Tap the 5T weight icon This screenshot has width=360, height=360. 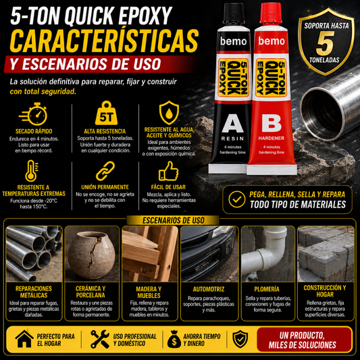(x=106, y=113)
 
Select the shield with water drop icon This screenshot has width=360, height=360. (x=169, y=113)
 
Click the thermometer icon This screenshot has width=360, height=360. (x=32, y=171)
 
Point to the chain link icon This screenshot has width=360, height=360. (x=105, y=171)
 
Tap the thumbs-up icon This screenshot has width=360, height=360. (x=168, y=172)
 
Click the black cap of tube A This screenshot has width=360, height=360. (x=234, y=14)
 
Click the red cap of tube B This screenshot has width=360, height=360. (x=271, y=13)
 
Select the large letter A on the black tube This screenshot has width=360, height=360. (x=232, y=124)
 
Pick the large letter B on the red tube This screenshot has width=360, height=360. (x=272, y=124)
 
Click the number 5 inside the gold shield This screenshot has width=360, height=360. (x=325, y=43)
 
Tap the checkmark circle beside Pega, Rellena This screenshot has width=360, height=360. (x=236, y=199)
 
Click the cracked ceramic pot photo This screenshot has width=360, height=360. (x=92, y=254)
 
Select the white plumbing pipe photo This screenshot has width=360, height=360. (x=268, y=254)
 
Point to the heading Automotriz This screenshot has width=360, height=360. (x=209, y=289)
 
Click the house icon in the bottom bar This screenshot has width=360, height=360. (x=24, y=339)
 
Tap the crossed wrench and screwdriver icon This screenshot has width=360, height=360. (x=100, y=339)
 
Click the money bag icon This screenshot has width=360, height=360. (x=174, y=339)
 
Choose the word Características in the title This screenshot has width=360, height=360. (x=104, y=41)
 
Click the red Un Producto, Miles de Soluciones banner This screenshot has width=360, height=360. (x=304, y=340)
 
